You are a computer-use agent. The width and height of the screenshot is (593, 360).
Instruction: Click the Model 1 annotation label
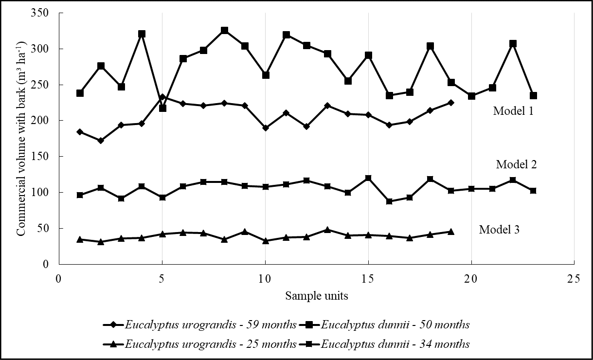513,111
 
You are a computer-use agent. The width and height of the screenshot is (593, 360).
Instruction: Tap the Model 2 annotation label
516,164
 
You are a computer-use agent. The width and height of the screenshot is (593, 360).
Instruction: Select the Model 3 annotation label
499,230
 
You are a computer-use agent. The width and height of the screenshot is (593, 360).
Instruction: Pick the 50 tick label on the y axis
46,229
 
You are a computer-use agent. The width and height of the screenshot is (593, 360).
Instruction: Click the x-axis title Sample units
316,295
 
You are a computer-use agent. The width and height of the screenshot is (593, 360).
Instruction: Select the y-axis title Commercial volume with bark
21,138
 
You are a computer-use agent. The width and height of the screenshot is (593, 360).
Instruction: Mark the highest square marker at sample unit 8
224,31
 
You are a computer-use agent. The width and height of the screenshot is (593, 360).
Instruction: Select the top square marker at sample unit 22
513,44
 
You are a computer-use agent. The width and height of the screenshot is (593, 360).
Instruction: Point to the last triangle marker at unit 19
451,232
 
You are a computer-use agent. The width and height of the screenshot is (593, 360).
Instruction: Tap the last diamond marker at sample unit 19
451,103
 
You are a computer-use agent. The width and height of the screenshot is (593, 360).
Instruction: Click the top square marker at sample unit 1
80,93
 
